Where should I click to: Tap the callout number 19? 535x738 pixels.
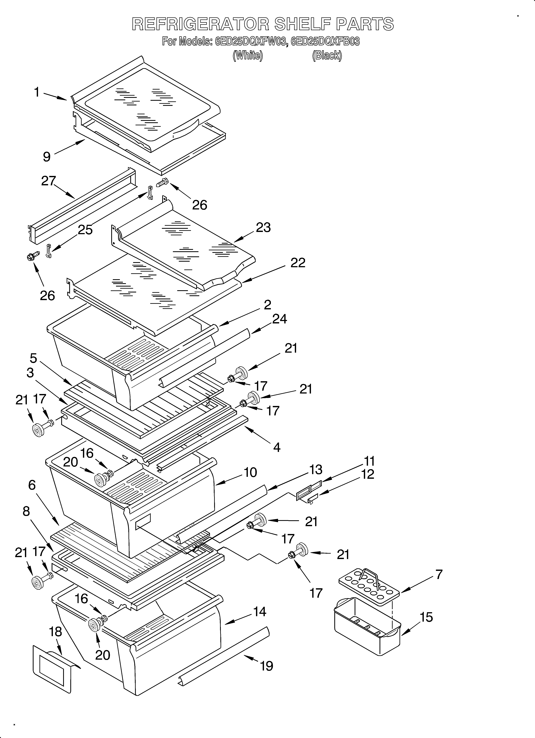267,666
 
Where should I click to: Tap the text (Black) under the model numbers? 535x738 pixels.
327,56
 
